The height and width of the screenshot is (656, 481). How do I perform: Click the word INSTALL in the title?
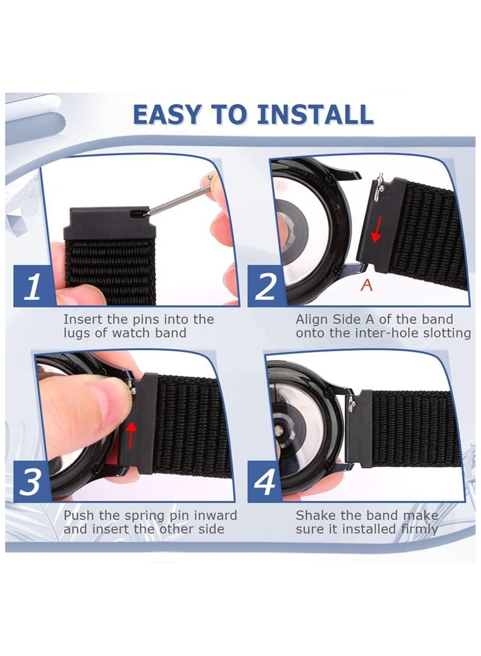(314, 115)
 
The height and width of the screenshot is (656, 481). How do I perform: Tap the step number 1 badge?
(34, 286)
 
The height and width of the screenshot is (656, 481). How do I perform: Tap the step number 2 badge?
(266, 286)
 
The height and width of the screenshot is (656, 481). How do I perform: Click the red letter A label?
(366, 286)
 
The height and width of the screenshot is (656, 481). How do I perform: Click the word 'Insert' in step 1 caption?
(82, 320)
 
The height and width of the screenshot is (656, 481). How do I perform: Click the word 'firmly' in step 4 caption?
(419, 530)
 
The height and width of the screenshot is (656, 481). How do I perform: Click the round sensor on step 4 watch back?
(278, 431)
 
